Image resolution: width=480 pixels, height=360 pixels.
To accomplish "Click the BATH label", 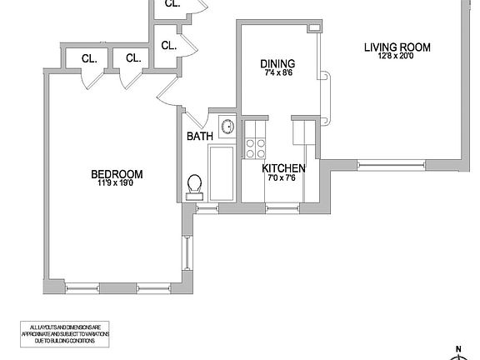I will click(199, 137).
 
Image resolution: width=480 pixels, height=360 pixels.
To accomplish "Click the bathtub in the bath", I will click(223, 173).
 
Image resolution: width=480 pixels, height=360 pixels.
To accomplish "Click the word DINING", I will click(277, 63).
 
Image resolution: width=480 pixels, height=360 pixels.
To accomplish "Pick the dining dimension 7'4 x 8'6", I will click(277, 73).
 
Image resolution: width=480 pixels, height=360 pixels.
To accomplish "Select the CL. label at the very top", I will click(172, 4).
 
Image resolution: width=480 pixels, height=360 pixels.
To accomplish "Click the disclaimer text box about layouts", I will click(63, 333).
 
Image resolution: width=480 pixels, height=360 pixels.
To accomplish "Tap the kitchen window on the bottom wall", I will click(282, 207).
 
